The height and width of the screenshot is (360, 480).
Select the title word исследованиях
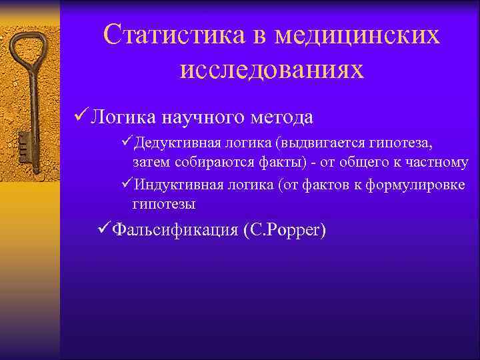(x=272, y=69)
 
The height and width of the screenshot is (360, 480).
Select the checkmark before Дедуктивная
(x=127, y=143)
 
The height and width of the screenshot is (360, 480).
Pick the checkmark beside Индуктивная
(x=127, y=183)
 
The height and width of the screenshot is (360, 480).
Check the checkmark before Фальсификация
(x=103, y=229)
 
